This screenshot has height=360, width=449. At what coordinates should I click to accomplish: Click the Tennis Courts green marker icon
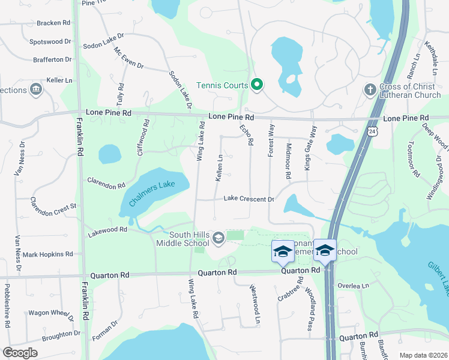256,85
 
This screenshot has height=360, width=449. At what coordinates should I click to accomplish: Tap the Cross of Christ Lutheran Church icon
370,89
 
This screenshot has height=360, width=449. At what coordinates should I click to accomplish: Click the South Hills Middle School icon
218,239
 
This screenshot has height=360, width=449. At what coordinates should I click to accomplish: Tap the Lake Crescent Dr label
249,199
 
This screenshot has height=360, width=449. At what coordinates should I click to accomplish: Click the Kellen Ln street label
219,168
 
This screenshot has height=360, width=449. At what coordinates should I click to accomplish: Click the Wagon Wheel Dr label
51,313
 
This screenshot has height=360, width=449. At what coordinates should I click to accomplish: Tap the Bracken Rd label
53,23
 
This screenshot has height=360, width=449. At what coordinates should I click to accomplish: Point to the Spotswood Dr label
50,42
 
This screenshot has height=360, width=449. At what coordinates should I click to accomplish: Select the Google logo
20,353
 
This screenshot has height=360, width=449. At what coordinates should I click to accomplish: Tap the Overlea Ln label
352,286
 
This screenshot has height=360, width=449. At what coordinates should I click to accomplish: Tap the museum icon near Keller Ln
37,89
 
